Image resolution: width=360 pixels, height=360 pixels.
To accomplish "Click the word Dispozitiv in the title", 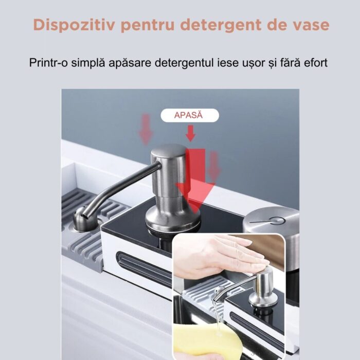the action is (x=74, y=25).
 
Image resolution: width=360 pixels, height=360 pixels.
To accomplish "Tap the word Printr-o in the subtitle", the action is (x=48, y=63).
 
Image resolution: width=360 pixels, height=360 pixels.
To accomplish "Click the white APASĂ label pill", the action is (x=190, y=115).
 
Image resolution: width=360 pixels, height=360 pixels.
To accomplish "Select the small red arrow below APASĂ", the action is (x=190, y=133).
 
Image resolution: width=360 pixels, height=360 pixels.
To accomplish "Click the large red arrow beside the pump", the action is (x=195, y=179).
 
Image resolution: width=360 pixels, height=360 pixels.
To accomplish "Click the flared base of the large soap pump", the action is (x=173, y=219).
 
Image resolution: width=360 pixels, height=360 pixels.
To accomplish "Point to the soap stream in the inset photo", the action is (x=217, y=315).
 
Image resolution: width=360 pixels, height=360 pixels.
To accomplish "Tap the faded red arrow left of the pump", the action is (x=146, y=130).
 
